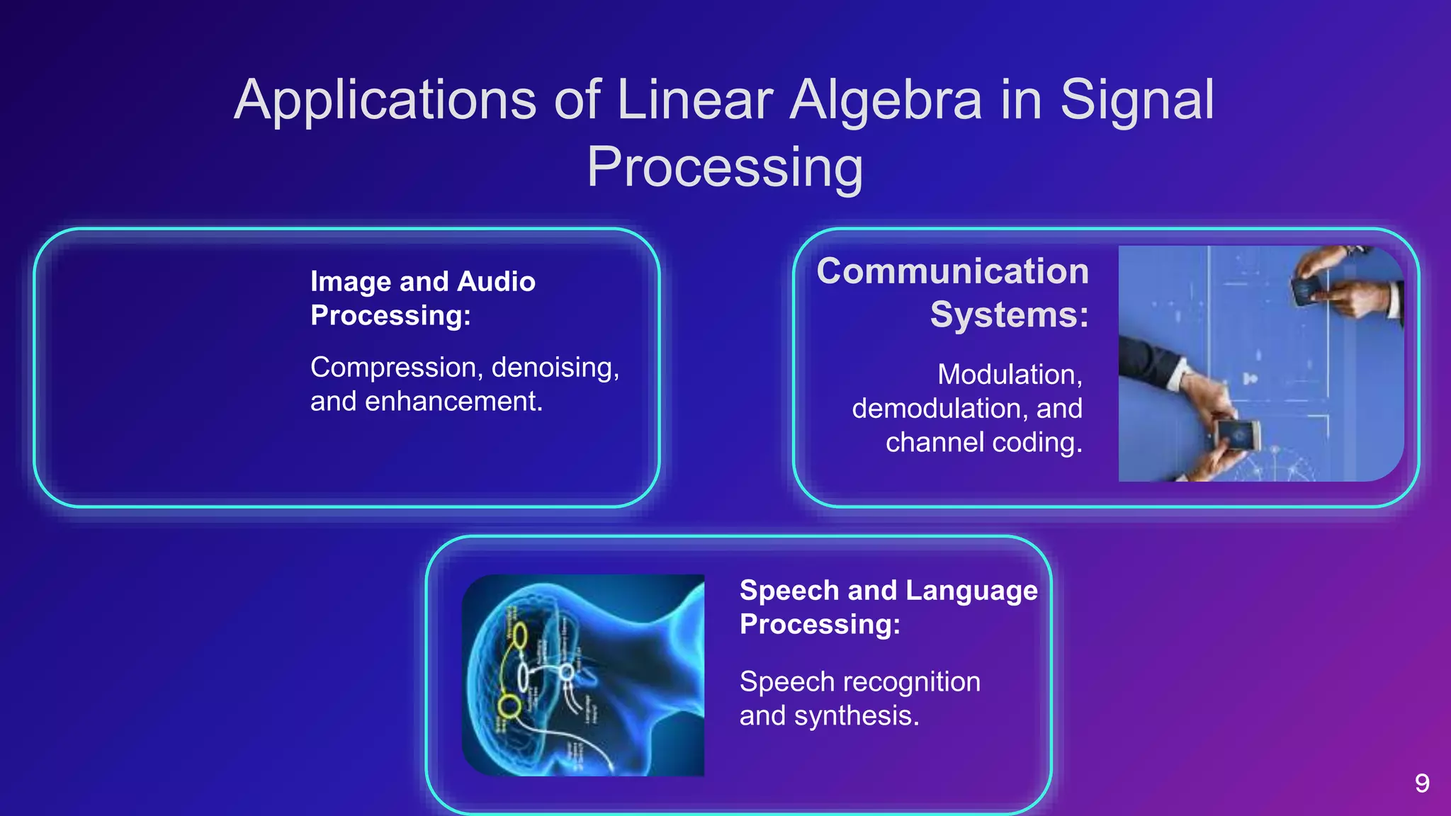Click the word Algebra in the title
click(x=886, y=101)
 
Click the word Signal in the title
click(x=1136, y=101)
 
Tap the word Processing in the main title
click(x=725, y=168)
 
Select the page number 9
click(x=1421, y=783)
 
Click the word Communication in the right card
click(x=952, y=272)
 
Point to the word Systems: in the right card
click(x=1009, y=315)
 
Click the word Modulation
click(x=1009, y=375)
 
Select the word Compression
click(x=396, y=368)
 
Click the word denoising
click(x=555, y=368)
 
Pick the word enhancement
click(x=453, y=402)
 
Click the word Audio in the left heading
click(x=496, y=282)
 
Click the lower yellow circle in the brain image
click(x=508, y=705)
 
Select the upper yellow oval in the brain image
click(x=519, y=635)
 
